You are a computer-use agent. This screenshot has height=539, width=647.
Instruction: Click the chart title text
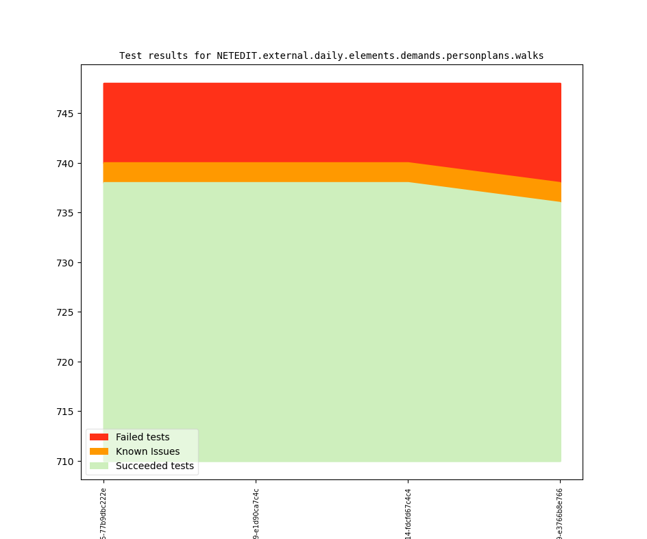(331, 55)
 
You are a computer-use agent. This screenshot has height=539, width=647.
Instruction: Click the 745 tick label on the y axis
(65, 114)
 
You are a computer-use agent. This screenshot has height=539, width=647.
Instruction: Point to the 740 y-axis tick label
(65, 164)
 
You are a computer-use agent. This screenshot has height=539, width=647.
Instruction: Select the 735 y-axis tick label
(65, 213)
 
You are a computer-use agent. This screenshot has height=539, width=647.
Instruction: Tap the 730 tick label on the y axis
(65, 263)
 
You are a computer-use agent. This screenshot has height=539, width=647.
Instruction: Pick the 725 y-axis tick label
(65, 312)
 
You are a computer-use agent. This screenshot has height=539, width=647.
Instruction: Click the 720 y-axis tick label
(65, 362)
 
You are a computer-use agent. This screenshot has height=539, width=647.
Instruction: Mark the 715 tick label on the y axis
(65, 412)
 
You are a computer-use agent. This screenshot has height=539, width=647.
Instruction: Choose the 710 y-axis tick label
(65, 462)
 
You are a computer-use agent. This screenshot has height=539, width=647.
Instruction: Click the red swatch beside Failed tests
(99, 437)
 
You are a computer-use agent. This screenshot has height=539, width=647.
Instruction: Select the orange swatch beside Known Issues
(99, 451)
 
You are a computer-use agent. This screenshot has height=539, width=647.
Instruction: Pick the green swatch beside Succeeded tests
(99, 466)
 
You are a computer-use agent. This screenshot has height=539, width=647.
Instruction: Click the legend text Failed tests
(143, 437)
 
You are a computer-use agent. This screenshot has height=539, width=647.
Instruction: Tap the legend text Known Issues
(147, 451)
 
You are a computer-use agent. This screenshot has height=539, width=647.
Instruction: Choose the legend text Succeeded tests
(154, 466)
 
